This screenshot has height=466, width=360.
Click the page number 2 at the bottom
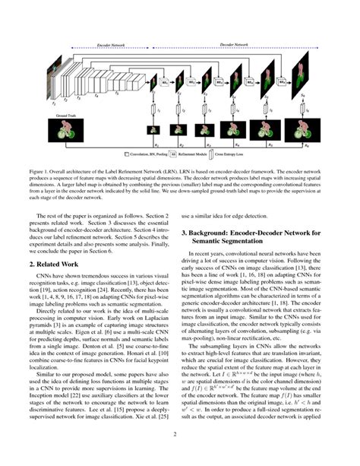click(180, 455)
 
